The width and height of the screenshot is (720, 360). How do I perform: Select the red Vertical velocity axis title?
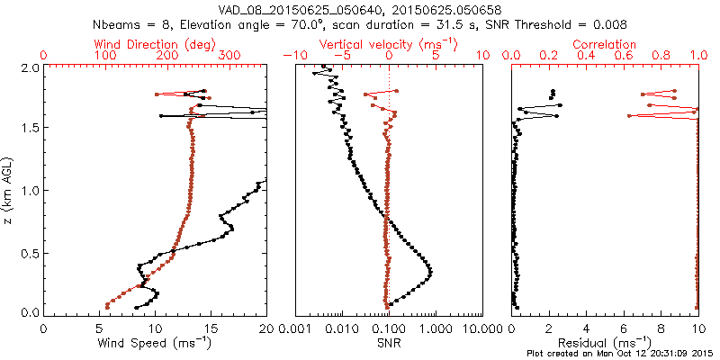pyautogui.click(x=389, y=43)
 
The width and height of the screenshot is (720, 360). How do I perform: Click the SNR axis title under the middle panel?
pyautogui.click(x=389, y=343)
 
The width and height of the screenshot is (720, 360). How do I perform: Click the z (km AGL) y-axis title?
pyautogui.click(x=8, y=190)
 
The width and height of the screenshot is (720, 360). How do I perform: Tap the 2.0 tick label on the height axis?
pyautogui.click(x=30, y=67)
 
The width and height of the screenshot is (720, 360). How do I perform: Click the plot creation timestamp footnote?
pyautogui.click(x=621, y=353)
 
